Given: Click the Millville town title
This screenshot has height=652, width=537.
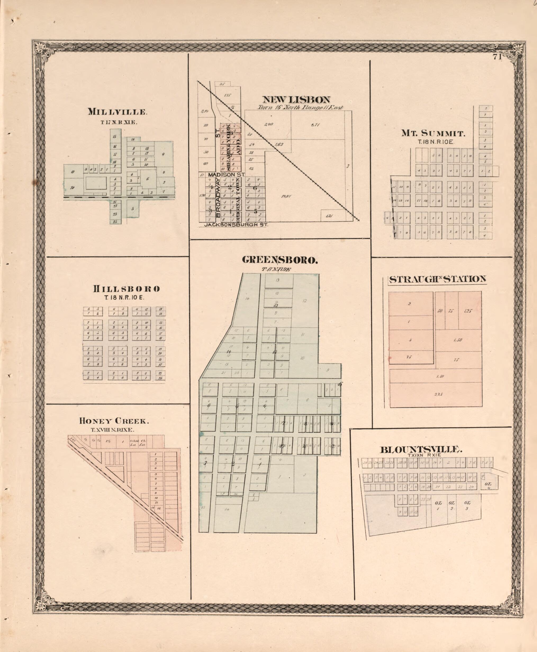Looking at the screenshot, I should (x=117, y=112).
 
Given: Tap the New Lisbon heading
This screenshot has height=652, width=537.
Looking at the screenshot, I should (x=296, y=99).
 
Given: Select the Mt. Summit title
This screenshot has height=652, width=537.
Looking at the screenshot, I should (x=433, y=134).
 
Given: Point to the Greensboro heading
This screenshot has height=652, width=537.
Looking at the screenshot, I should (x=280, y=260).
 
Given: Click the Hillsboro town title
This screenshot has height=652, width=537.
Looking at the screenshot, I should (x=126, y=289).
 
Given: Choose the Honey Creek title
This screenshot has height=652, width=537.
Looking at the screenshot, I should (x=114, y=421).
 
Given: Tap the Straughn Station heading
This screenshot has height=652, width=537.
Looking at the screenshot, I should (x=437, y=279).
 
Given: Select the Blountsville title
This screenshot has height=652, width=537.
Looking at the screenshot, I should (x=421, y=449).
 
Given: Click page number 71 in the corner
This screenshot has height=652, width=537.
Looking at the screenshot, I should (x=497, y=57).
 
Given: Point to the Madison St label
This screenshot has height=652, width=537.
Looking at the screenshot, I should (x=226, y=175).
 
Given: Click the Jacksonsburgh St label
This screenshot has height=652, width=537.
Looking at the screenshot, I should (x=236, y=225).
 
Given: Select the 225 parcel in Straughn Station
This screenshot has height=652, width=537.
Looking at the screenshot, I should (x=439, y=394).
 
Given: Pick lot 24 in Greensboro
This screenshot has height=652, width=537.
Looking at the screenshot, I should (x=227, y=509).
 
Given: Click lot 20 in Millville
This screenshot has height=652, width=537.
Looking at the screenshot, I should (x=72, y=187).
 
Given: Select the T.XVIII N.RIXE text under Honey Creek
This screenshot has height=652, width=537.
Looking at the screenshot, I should (x=112, y=430).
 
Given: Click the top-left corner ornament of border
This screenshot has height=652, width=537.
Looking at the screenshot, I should (x=40, y=48).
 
